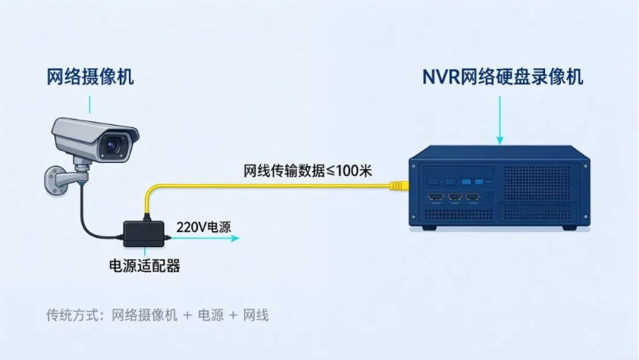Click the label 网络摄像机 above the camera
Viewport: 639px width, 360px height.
(90, 77)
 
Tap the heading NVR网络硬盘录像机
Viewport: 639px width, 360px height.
(503, 77)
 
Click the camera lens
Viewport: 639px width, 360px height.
(112, 146)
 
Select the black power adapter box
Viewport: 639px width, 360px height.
(144, 233)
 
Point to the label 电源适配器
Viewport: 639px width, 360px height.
(145, 266)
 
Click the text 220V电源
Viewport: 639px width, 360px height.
(203, 227)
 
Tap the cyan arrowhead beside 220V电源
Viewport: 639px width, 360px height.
(235, 238)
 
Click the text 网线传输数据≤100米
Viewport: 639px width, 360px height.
(308, 171)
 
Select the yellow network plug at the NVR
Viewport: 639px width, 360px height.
(399, 186)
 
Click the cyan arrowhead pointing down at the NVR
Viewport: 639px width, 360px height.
(500, 140)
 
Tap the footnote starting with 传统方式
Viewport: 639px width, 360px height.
(158, 315)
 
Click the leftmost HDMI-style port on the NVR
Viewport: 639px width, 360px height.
(436, 198)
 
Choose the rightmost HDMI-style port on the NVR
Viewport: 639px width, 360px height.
(473, 198)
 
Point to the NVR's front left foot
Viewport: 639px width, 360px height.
(429, 227)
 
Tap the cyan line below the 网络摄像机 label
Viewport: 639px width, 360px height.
(89, 105)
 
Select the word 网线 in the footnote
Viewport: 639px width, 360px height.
(256, 315)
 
